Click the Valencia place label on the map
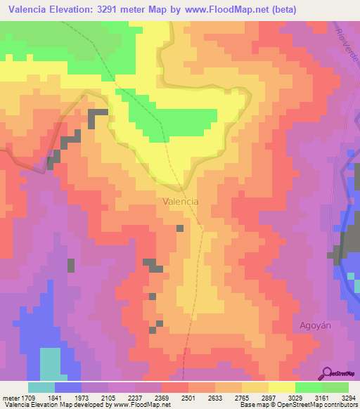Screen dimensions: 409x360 (x=180, y=201)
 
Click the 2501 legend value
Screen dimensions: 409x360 (x=188, y=397)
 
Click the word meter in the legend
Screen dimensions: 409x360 (x=9, y=397)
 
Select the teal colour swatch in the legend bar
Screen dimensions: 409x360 (x=41, y=387)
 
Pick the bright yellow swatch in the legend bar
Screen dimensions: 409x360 (x=281, y=387)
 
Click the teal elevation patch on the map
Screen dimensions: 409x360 (x=50, y=364)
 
